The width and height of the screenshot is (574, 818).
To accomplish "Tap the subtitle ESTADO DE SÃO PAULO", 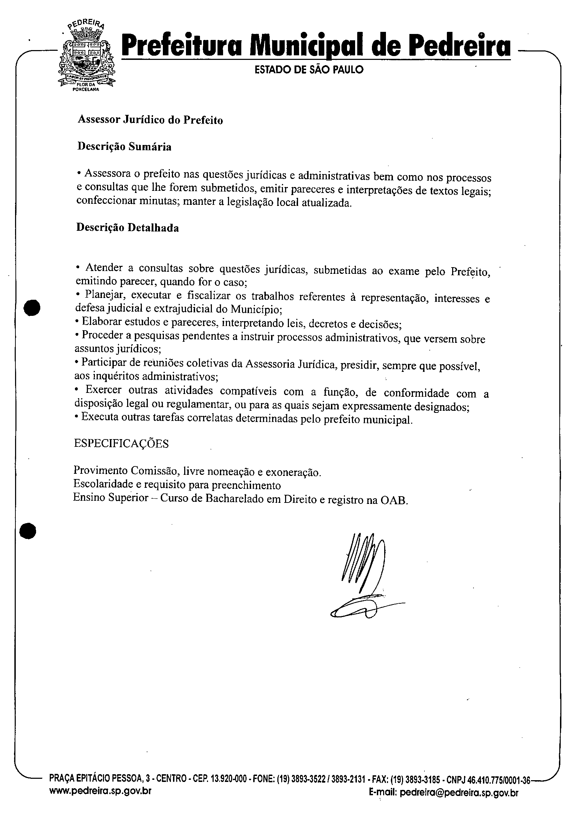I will [309, 69].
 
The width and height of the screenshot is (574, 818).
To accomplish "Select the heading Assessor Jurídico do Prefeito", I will [150, 120].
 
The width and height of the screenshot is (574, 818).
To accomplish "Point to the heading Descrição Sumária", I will [124, 147].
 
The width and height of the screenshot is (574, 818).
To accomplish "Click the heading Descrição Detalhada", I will [127, 228].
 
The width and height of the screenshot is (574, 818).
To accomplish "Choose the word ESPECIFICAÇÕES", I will [121, 443].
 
